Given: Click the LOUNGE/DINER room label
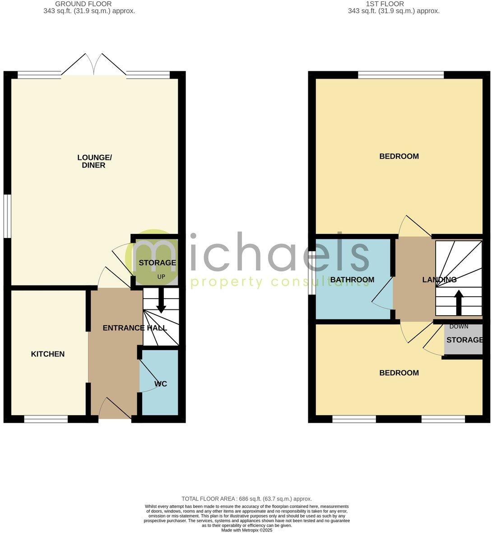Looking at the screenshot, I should [x=94, y=161].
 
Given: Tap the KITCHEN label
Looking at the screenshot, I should [x=47, y=354].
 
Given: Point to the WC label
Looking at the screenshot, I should [x=161, y=384].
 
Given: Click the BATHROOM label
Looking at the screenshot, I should [x=352, y=280].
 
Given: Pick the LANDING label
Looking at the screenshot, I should [x=439, y=280].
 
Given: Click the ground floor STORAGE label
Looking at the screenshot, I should [x=157, y=263].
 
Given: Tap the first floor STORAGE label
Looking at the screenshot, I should [x=464, y=340].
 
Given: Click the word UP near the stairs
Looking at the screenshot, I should [x=161, y=276].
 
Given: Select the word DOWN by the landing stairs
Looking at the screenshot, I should [x=459, y=326].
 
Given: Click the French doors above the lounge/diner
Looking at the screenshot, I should [x=94, y=66].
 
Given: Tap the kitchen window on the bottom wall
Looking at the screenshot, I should [x=46, y=419].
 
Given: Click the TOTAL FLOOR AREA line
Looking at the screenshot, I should [x=246, y=499].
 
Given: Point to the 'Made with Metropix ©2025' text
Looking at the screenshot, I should [x=246, y=530].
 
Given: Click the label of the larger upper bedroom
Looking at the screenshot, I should [x=399, y=157].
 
